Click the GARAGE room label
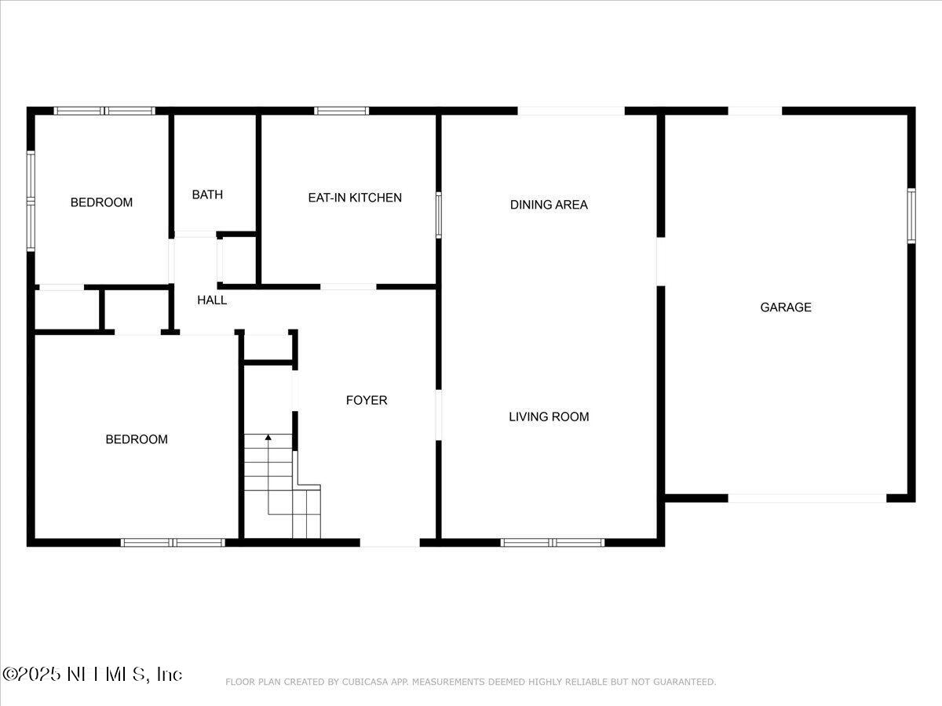tap(785, 308)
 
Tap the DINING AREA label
tap(549, 205)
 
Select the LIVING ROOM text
tap(549, 417)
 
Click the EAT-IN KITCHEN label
tap(355, 198)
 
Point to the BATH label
tap(207, 195)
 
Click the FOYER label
tap(367, 400)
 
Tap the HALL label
tap(212, 300)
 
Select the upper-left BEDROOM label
tap(101, 202)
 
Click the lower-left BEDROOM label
tap(137, 439)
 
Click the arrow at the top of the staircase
tap(268, 437)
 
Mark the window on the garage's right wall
tap(911, 216)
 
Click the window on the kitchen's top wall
tap(341, 111)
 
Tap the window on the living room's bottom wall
tap(553, 542)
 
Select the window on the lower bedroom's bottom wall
tap(173, 542)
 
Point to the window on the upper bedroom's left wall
tap(31, 201)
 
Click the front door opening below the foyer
tap(389, 542)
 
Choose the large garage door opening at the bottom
tap(807, 498)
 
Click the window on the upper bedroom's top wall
tap(104, 111)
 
